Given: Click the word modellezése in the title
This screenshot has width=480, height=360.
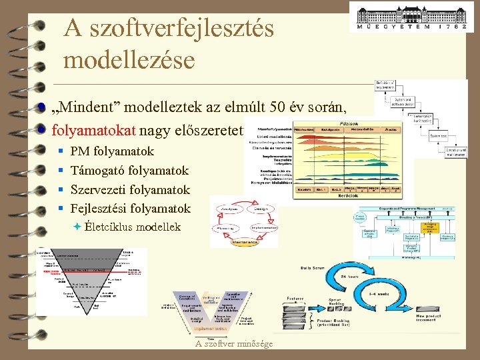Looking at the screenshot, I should [x=129, y=60].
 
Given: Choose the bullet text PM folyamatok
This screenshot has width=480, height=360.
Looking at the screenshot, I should [x=112, y=151].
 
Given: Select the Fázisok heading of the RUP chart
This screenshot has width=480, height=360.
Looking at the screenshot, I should [x=350, y=124].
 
